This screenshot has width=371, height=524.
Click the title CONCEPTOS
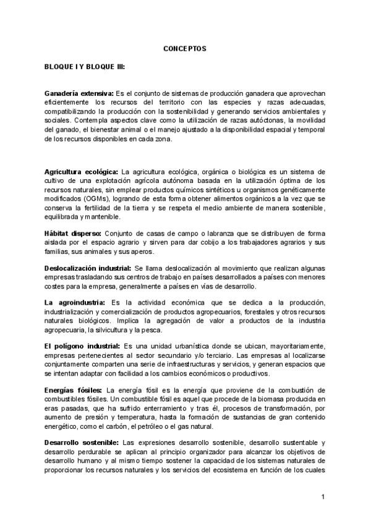(x=185, y=48)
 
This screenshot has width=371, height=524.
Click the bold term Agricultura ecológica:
(x=81, y=171)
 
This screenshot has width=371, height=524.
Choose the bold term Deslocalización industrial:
(x=88, y=268)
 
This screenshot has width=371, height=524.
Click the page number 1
(x=323, y=497)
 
